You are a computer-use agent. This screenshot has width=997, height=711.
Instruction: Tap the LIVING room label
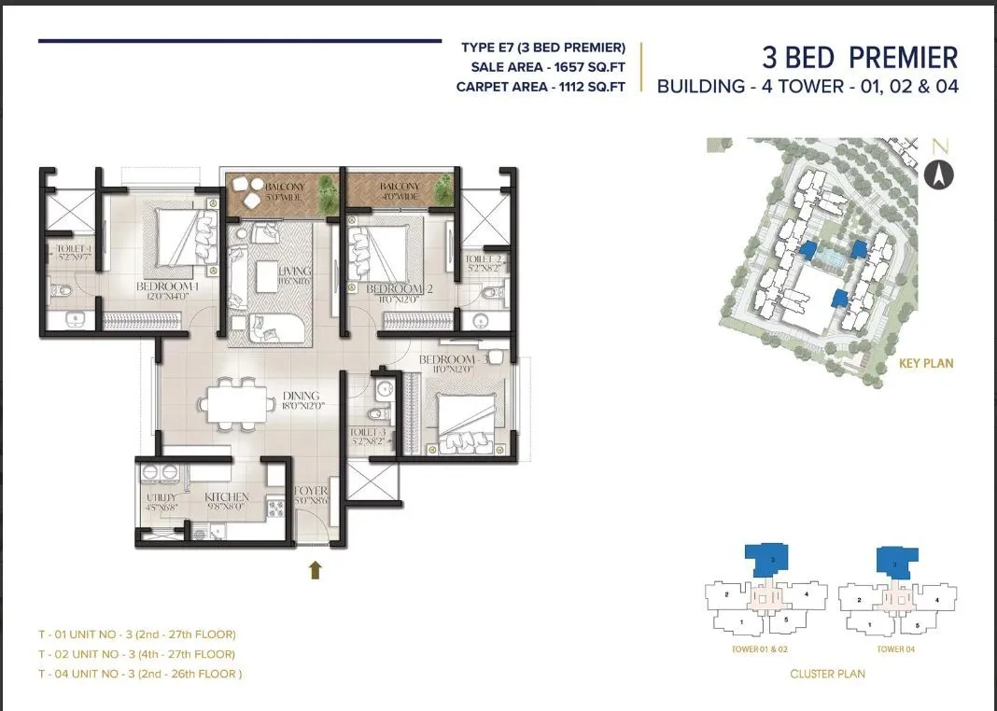click(x=299, y=272)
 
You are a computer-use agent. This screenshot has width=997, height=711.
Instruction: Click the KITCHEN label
click(x=227, y=497)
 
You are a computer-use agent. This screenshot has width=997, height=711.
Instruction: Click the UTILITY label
click(x=161, y=498)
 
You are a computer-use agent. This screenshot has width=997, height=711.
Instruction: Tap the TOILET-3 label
click(x=369, y=433)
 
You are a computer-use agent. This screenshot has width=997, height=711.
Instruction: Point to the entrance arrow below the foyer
click(x=316, y=569)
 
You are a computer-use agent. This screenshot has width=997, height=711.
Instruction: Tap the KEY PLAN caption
click(x=925, y=363)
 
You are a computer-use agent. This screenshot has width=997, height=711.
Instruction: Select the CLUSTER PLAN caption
click(x=827, y=674)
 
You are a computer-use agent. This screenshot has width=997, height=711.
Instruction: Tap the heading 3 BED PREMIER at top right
click(x=859, y=58)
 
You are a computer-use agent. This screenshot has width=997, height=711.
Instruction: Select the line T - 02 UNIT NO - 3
click(x=136, y=654)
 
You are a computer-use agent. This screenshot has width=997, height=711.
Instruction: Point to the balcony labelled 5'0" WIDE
click(x=282, y=191)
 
